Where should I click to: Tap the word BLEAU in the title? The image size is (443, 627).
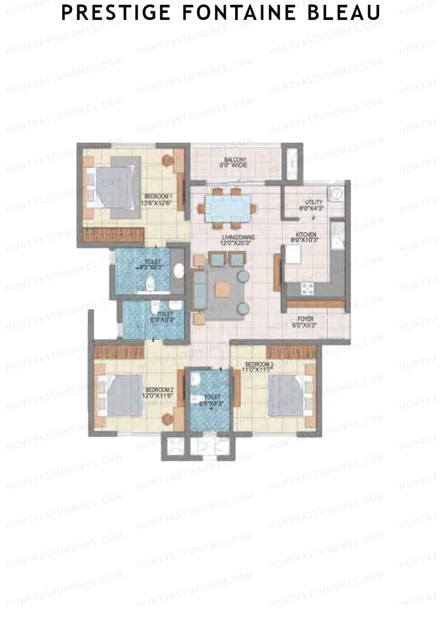pos(345,13)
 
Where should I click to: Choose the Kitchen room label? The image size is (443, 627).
pos(305,237)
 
